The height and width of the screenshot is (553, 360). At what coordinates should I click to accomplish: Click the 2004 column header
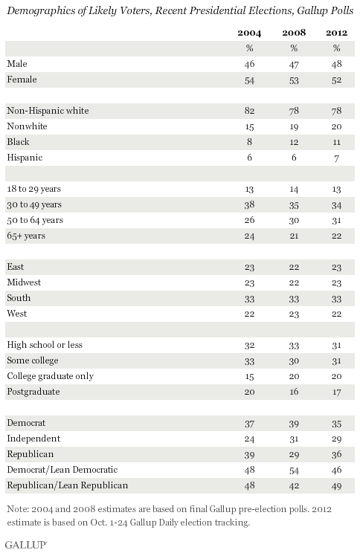pos(249,33)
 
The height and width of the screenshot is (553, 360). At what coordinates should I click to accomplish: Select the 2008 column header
pos(294,33)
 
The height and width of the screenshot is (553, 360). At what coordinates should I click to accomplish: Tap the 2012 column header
pos(336,33)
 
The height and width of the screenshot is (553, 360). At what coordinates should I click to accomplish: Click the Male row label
pos(17,64)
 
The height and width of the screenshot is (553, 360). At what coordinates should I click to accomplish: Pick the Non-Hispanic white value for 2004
pos(249,111)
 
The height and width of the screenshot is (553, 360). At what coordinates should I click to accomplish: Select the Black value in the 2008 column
pos(294,142)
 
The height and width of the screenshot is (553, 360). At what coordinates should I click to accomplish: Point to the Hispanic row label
pos(25,158)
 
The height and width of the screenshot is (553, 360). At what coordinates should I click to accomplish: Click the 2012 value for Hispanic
pos(336,158)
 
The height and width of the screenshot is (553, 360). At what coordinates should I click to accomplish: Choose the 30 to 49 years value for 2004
pos(249,204)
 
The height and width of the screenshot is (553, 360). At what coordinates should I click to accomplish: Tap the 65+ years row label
pos(26,236)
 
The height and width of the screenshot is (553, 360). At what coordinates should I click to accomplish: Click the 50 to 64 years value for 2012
pos(336,221)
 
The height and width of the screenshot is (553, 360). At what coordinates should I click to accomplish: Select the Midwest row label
pos(24,282)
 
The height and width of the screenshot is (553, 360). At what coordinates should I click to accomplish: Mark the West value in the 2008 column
pos(294,314)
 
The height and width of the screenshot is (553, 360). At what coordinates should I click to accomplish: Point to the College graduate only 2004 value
pos(249,376)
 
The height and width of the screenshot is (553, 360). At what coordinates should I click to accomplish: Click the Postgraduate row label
pos(33,392)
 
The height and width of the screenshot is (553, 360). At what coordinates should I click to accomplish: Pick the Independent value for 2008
pos(294,439)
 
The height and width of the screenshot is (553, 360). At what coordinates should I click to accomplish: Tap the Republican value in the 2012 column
pos(336,454)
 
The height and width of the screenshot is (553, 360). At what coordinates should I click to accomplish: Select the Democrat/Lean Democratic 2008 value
pos(294,470)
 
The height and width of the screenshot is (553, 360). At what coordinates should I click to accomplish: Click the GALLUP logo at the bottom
pos(26,545)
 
